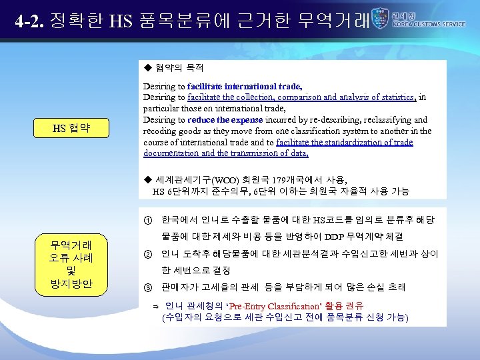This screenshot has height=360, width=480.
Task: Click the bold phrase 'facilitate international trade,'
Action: coord(245,86)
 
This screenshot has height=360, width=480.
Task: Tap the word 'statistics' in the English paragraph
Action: coord(396,97)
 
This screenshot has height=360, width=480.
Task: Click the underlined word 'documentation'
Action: coord(170,153)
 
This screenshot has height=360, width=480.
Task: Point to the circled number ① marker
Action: coord(147,220)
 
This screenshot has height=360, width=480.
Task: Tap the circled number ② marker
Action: coord(147,253)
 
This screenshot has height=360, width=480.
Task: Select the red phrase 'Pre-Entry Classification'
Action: coord(265,306)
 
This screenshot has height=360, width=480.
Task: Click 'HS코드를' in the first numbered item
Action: coord(331,220)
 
